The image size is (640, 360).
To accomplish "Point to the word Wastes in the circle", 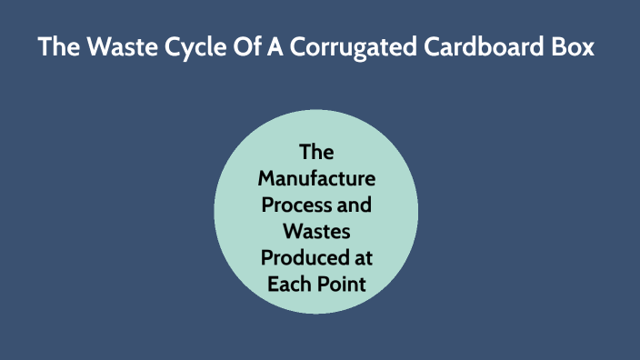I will coord(316,230).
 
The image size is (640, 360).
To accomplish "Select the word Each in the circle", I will coord(287,283).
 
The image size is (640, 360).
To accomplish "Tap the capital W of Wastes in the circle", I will coord(293,230).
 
